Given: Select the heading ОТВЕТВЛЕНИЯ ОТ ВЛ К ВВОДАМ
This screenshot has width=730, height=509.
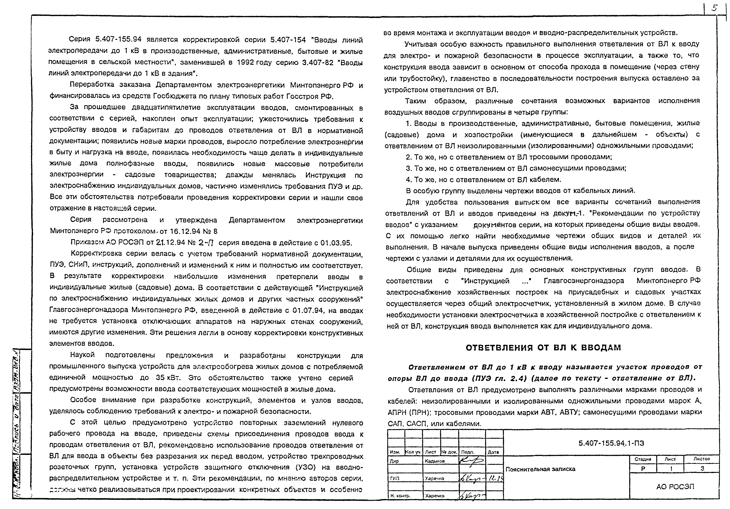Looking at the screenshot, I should (543, 348).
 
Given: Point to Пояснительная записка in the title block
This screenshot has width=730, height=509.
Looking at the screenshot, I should (541, 469).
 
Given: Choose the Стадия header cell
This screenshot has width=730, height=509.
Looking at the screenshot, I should (643, 459).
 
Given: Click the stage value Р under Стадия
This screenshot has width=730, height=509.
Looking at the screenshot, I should (643, 469).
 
